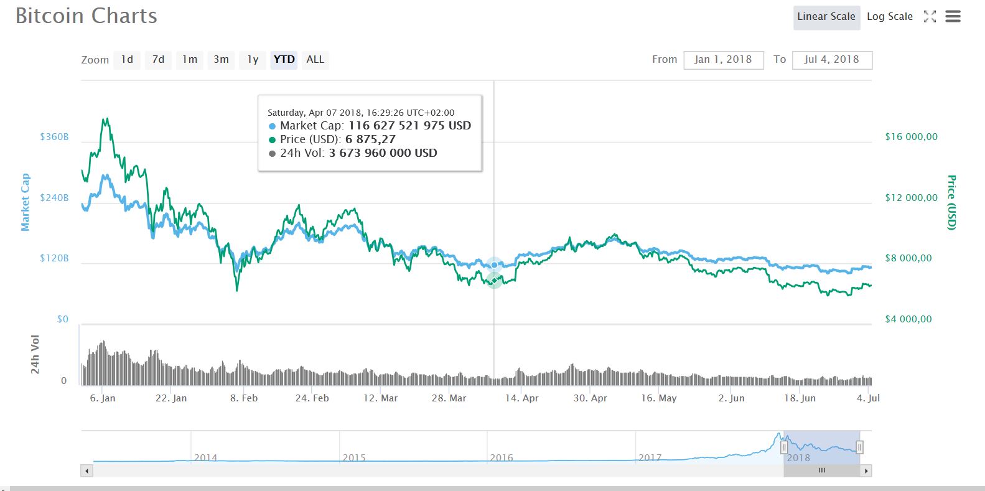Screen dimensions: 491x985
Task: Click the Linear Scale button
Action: (826, 17)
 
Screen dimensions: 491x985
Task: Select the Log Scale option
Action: (889, 17)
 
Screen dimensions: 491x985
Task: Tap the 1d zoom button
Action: (127, 60)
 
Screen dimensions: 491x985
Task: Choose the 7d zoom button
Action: (158, 60)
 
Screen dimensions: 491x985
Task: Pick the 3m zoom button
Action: (221, 60)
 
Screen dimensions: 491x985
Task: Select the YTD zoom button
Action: (284, 60)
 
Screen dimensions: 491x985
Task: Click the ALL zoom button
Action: (315, 60)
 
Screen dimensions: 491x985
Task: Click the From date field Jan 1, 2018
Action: (723, 60)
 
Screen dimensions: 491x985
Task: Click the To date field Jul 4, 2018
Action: (831, 60)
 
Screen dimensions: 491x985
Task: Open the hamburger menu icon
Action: (953, 17)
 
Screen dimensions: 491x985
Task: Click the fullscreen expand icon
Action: (930, 17)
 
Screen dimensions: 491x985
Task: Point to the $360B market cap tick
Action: (54, 137)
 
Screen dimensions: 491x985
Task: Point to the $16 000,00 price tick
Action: (911, 137)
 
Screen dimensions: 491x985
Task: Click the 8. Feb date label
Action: (243, 398)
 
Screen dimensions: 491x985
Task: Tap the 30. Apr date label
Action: (590, 398)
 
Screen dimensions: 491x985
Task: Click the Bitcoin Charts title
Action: (86, 16)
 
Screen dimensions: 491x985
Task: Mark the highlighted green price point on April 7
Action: (494, 280)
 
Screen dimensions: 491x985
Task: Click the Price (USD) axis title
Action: (951, 202)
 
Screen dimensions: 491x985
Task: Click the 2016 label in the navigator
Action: (501, 457)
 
